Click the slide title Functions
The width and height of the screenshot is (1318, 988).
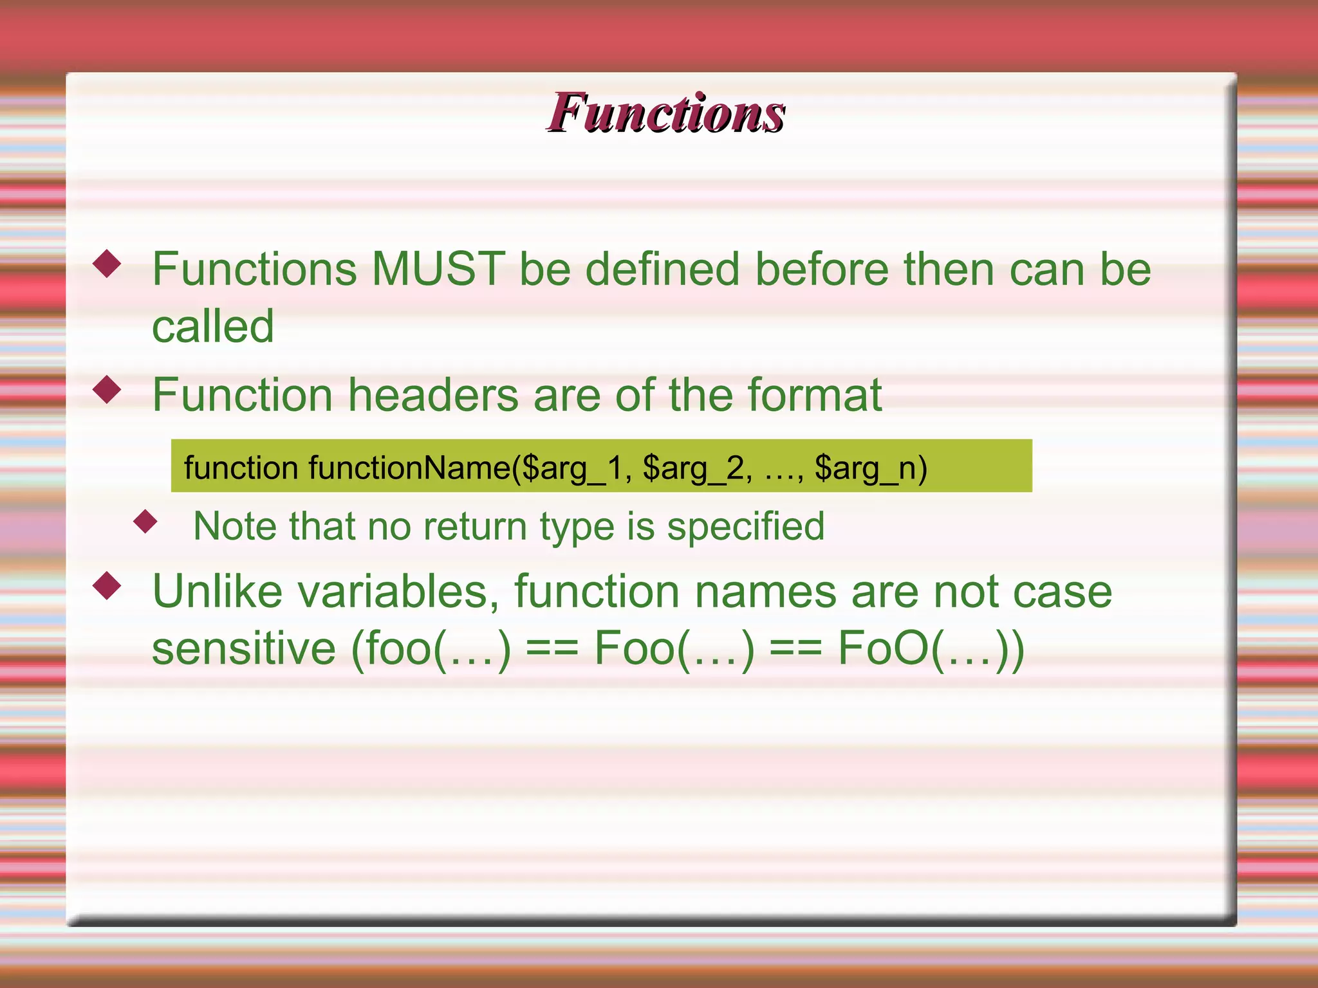tap(666, 113)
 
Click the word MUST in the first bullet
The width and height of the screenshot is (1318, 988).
tap(438, 269)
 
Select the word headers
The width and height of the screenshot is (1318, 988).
tap(433, 394)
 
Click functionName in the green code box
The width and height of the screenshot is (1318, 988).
tap(409, 468)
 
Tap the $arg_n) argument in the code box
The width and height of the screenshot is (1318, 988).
tap(870, 468)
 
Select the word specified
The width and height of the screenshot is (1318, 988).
tap(745, 526)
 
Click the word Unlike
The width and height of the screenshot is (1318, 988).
tap(218, 591)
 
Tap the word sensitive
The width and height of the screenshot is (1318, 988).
tap(243, 648)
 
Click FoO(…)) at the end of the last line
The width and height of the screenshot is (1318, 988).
tap(931, 648)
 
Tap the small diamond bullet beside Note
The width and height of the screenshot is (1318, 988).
tap(145, 522)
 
